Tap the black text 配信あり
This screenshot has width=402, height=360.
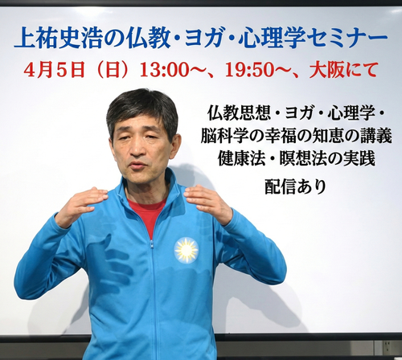(x=296, y=186)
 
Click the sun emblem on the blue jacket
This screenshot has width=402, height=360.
(x=186, y=249)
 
